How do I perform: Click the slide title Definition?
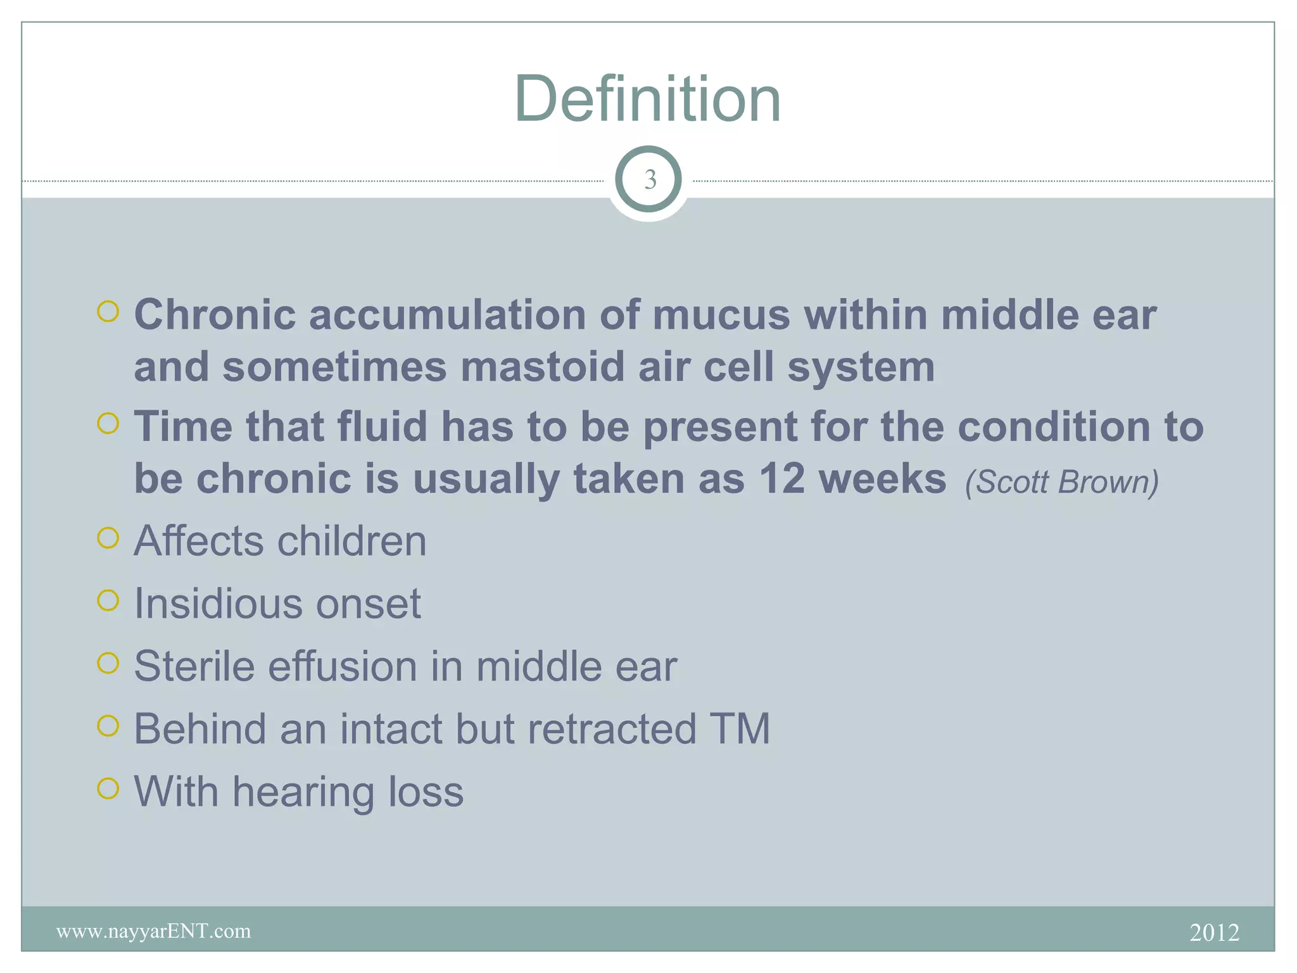point(647,99)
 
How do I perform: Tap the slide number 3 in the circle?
point(649,180)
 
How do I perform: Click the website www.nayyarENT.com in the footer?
point(153,931)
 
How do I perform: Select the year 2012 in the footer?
point(1213,932)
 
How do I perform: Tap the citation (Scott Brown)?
point(1061,481)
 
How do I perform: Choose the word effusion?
point(342,666)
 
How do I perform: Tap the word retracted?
point(612,728)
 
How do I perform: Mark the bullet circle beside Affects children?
point(108,538)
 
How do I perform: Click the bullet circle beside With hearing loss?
point(108,789)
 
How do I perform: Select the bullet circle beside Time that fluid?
point(108,423)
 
